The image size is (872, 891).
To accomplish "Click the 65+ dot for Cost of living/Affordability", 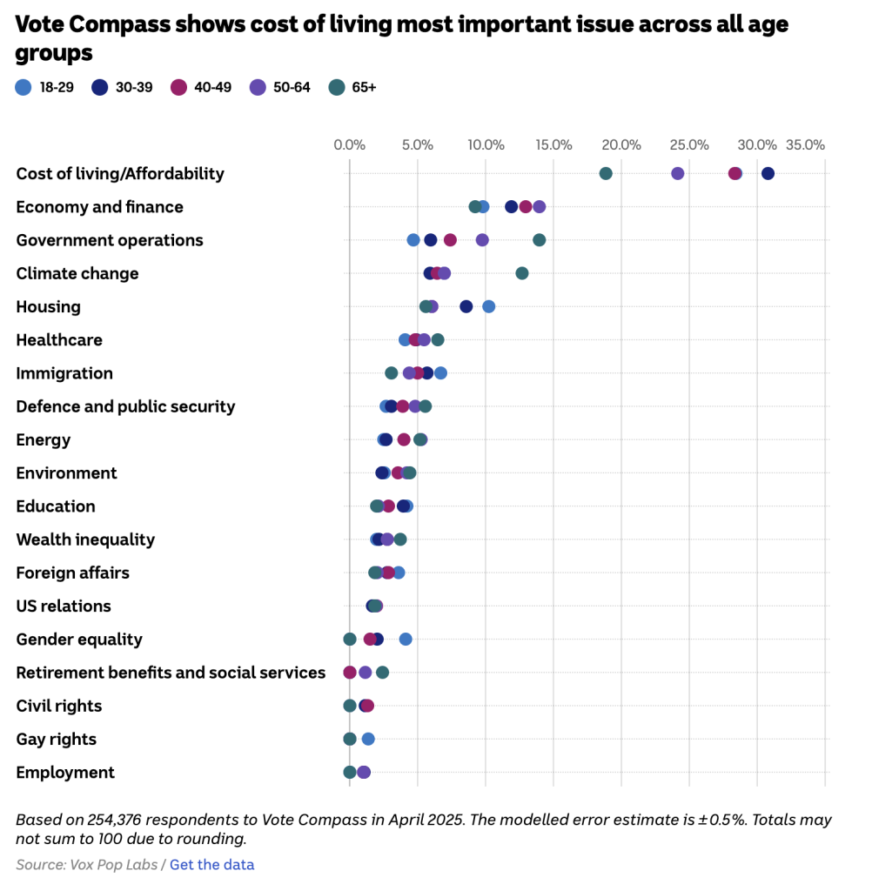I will click(606, 174).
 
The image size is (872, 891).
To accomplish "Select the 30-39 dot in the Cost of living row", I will click(768, 174).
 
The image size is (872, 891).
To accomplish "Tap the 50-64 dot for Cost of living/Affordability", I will click(678, 174).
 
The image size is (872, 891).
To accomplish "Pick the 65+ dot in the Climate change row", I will click(522, 273).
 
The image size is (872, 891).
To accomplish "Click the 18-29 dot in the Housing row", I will click(489, 306).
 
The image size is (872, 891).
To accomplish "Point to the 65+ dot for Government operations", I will click(540, 240).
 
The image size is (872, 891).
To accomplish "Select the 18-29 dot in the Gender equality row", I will click(406, 640).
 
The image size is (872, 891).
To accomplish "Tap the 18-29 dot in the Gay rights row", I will click(368, 740).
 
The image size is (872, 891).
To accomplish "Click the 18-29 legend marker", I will click(23, 87).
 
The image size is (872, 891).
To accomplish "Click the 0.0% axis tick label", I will click(349, 144).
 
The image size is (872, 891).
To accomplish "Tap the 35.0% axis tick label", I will click(805, 144).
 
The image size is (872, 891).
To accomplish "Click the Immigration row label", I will click(64, 373).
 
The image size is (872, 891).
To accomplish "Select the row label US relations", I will click(64, 606).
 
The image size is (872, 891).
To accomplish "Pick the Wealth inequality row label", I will click(85, 539).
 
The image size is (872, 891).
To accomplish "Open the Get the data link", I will click(211, 865).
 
